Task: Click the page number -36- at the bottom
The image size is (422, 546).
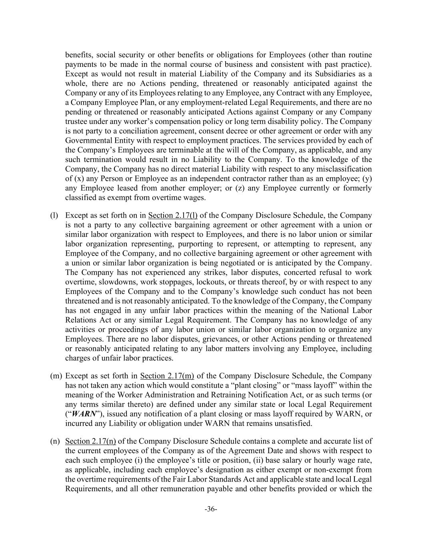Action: coord(211,509)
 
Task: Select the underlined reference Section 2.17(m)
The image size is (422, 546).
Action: coord(167,376)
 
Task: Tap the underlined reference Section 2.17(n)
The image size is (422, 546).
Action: coord(90,441)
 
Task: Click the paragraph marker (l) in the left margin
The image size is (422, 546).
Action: coord(54,216)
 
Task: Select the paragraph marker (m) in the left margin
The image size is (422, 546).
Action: coord(56,376)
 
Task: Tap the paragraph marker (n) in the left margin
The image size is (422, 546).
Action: coord(55,441)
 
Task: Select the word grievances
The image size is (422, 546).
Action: coord(217,339)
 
